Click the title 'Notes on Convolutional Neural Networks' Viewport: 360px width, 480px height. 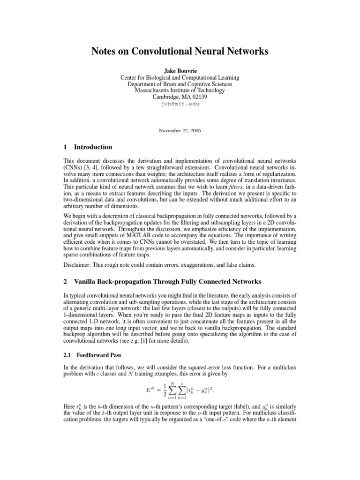coord(180,50)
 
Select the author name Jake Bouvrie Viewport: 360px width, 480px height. coord(180,70)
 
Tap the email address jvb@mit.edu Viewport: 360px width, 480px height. coord(180,104)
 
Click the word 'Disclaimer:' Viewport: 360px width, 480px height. coord(79,265)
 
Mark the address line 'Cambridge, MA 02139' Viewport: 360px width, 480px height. coord(180,97)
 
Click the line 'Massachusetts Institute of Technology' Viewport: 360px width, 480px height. coord(180,90)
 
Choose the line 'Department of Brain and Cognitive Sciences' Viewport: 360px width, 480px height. coord(180,84)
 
